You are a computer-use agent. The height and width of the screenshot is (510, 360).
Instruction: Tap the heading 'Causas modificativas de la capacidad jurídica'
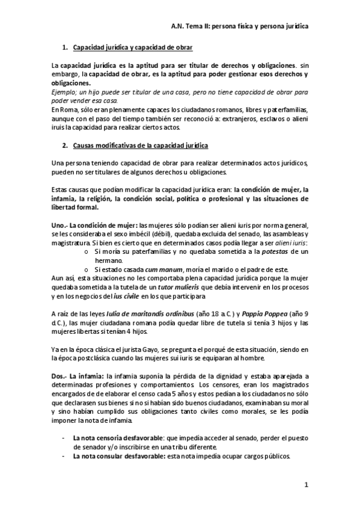[x=141, y=146]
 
